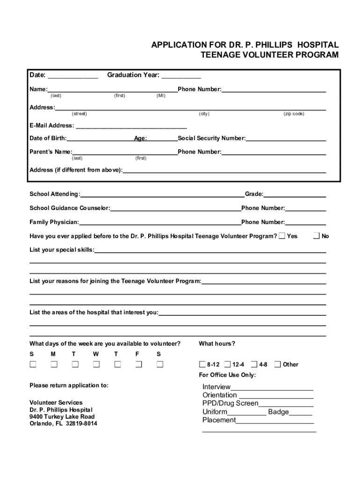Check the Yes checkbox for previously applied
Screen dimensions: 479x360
pyautogui.click(x=282, y=236)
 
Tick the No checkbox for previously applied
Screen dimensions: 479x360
pyautogui.click(x=317, y=236)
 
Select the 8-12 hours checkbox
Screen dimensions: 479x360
pyautogui.click(x=202, y=364)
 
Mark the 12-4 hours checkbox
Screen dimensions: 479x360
pyautogui.click(x=227, y=364)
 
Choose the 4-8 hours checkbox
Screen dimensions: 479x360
pyautogui.click(x=254, y=364)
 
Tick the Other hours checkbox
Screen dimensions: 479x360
pyautogui.click(x=278, y=364)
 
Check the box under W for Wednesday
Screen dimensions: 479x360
pyautogui.click(x=96, y=364)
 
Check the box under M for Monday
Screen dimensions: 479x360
pyautogui.click(x=54, y=364)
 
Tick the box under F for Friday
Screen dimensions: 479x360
pyautogui.click(x=138, y=364)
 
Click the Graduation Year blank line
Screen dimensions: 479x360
pyautogui.click(x=181, y=77)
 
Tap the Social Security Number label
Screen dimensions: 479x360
pyautogui.click(x=211, y=138)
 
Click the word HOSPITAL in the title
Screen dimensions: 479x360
pyautogui.click(x=318, y=45)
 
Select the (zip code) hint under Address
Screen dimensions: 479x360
pyautogui.click(x=294, y=114)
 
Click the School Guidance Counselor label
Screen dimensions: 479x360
pyautogui.click(x=70, y=208)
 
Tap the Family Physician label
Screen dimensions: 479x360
pyautogui.click(x=54, y=222)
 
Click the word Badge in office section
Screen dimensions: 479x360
pyautogui.click(x=278, y=412)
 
